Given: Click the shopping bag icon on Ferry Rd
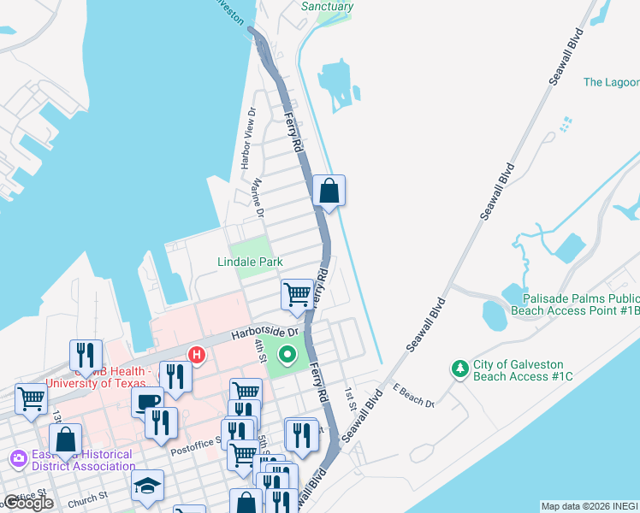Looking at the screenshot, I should pos(329,191).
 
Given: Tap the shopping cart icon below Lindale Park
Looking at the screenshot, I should pos(296,294).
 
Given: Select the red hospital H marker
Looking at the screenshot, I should pos(197,354).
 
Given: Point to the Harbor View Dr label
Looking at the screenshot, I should pos(247,138).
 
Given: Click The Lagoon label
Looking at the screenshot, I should pos(611,82).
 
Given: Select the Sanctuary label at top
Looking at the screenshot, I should pos(327,6).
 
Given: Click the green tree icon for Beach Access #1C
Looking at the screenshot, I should pos(460,369).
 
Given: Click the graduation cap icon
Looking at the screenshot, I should pos(147,485).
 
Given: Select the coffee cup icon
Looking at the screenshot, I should pos(147,401).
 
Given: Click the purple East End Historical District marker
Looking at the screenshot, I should pos(18,460).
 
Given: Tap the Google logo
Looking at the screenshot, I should pos(28,503).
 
